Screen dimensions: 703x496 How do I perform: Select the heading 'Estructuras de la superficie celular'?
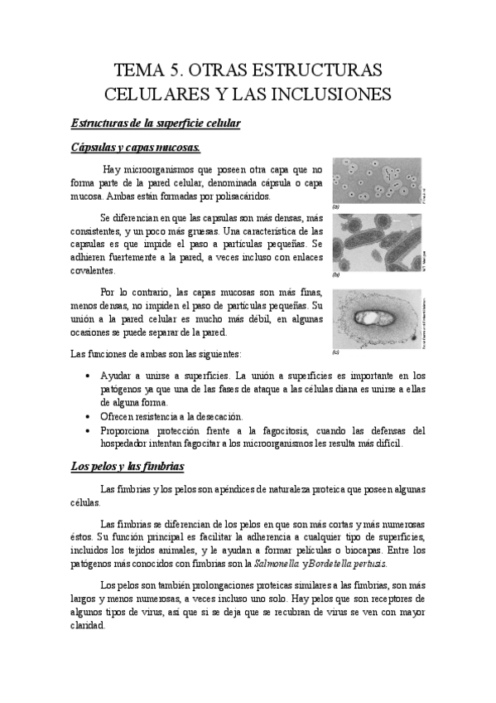(154, 124)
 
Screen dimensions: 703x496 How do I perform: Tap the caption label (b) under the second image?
(336, 273)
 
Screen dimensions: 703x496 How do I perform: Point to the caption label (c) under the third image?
(336, 351)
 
